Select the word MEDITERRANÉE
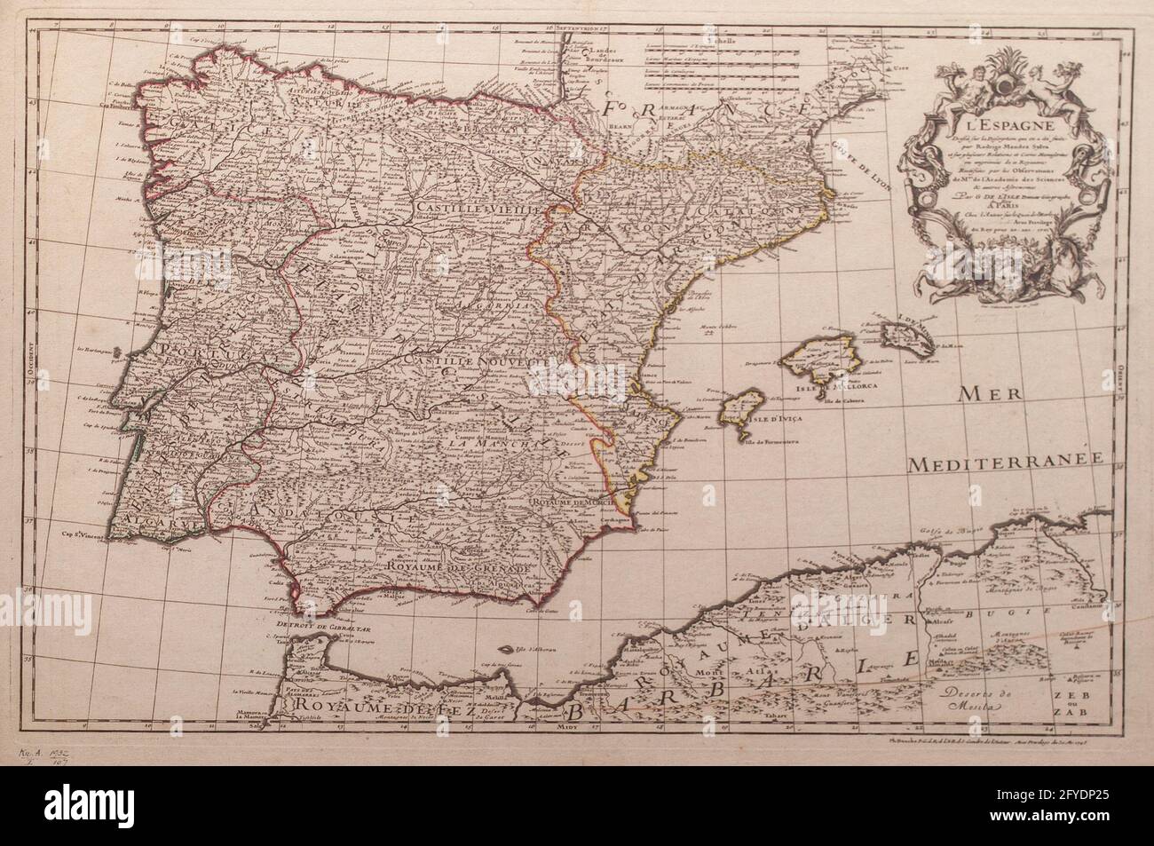pyautogui.click(x=1002, y=462)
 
